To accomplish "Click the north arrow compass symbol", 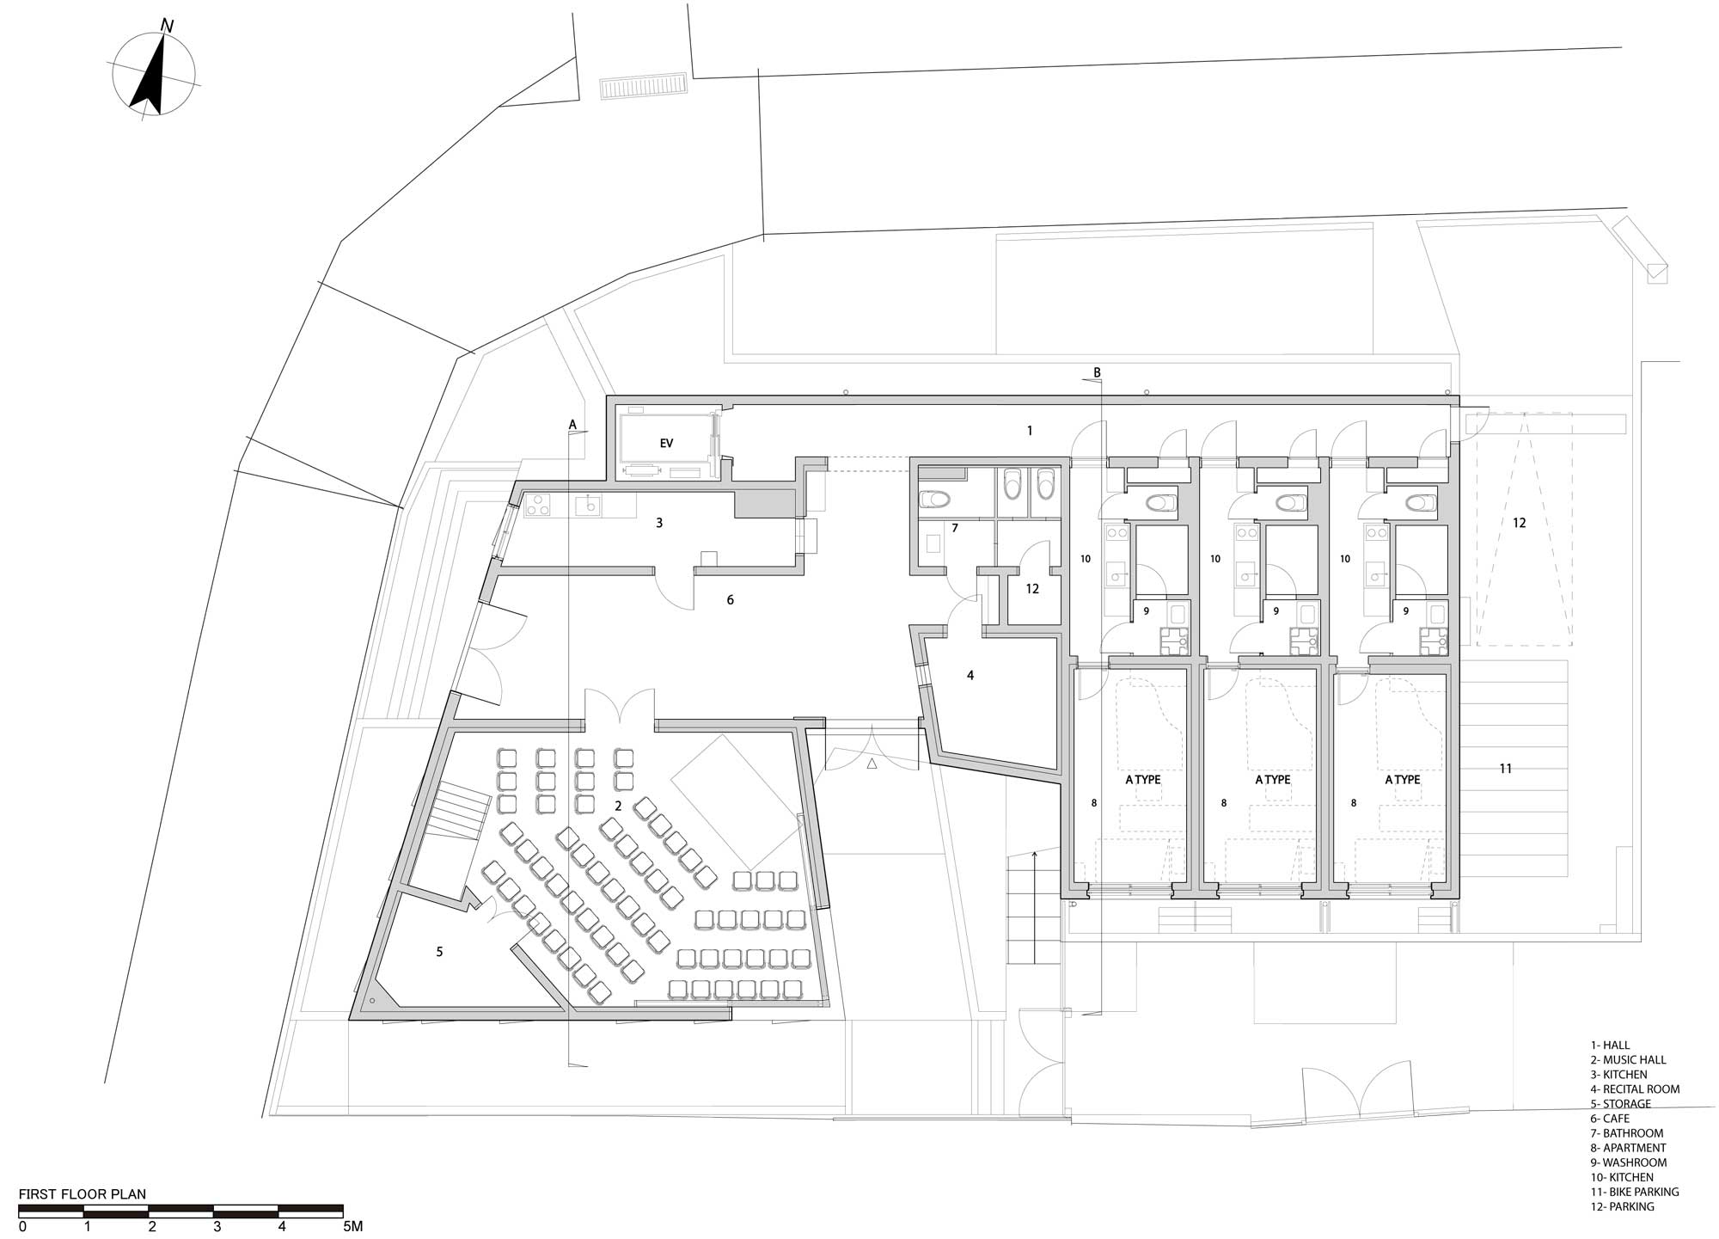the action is (155, 73).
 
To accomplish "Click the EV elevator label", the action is (666, 444).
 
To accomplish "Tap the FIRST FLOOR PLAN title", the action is (83, 1194).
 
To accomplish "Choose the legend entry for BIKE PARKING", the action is (1634, 1192).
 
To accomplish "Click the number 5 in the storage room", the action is (439, 952).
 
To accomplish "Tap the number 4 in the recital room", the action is (970, 676).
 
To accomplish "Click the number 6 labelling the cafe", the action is (731, 600).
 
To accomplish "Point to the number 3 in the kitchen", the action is (659, 523).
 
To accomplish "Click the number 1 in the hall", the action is (1030, 431).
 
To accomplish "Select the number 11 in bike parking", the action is (1506, 769).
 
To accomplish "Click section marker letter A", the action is (572, 424).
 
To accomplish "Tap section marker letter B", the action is (1097, 372).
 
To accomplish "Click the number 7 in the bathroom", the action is (955, 528).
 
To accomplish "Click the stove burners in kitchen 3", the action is (538, 506).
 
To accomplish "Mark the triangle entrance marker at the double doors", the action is (872, 763).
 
